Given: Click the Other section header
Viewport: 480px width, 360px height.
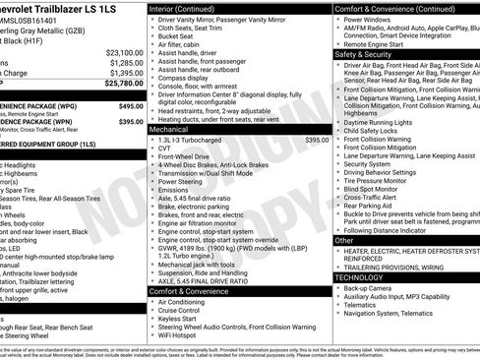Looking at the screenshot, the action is (x=345, y=240).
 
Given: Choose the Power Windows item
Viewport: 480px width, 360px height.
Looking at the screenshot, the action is (x=368, y=19).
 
